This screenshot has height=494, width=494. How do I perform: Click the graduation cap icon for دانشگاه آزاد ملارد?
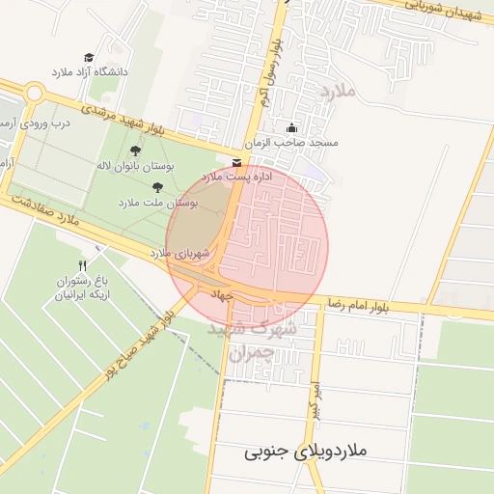point(89,58)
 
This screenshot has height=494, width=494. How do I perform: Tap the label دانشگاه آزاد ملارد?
point(89,72)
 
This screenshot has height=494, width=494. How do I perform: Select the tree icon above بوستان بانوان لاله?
point(134,151)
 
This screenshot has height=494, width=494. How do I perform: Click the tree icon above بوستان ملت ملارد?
point(157,187)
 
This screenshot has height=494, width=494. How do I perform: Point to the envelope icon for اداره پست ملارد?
point(237,163)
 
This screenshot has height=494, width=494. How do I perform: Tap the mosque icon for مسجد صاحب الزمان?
point(291,128)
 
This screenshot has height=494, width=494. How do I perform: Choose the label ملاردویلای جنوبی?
point(305,452)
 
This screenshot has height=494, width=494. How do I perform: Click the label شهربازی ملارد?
point(174,252)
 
